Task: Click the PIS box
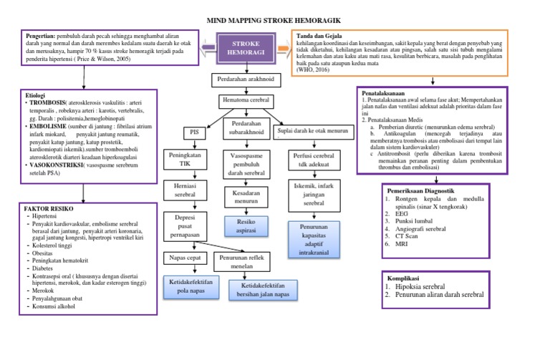[192, 132]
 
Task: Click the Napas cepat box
[185, 257]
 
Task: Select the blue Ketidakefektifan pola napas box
[190, 288]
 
